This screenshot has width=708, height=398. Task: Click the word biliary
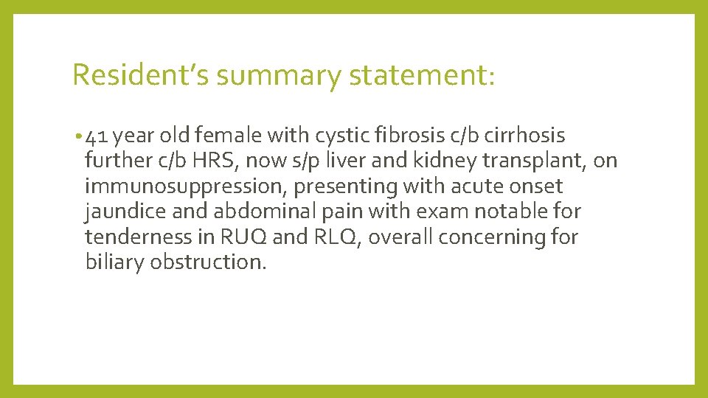point(114,262)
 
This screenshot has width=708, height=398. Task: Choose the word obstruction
point(207,262)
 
